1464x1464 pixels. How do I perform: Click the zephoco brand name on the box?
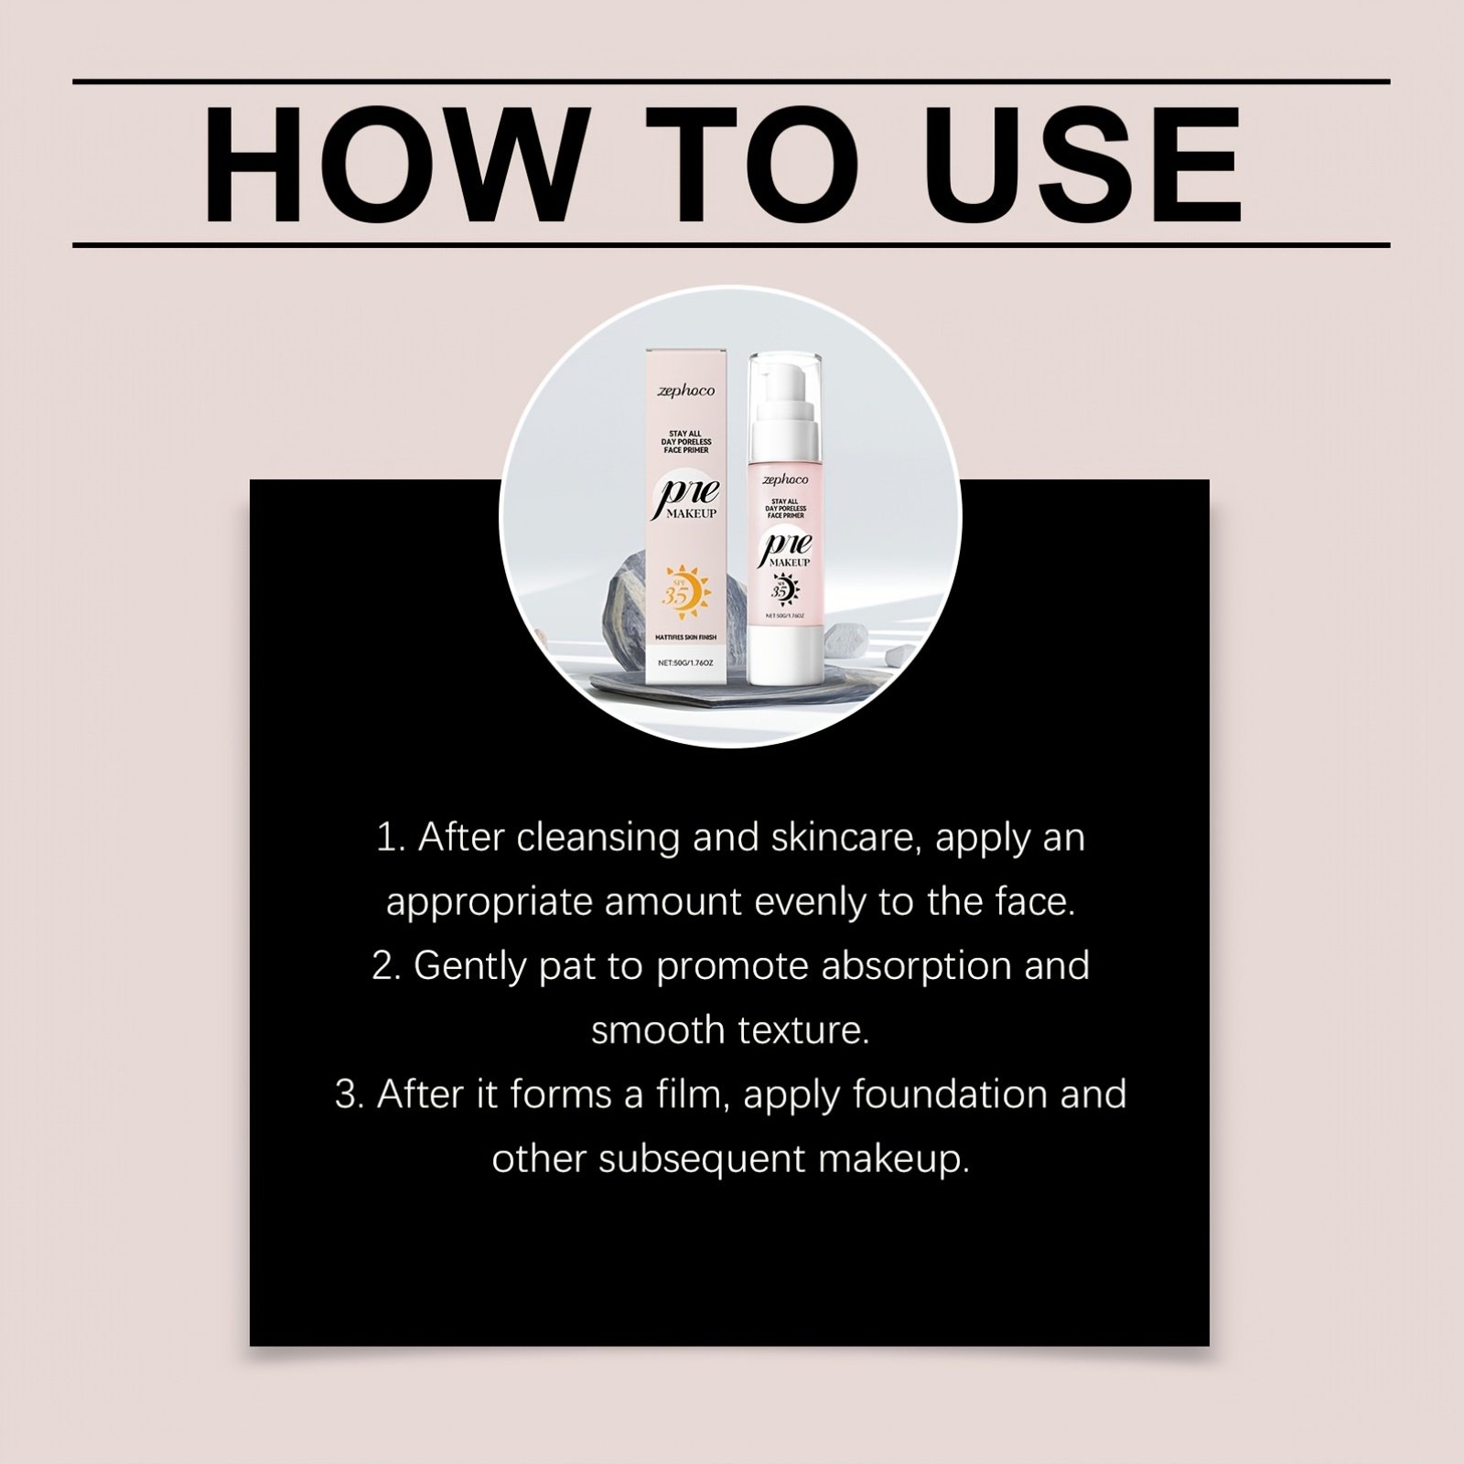coord(686,392)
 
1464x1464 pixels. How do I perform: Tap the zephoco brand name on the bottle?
coord(785,479)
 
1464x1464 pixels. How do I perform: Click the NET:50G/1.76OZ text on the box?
coord(686,661)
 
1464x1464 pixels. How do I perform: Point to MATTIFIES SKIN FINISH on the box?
coord(686,637)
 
